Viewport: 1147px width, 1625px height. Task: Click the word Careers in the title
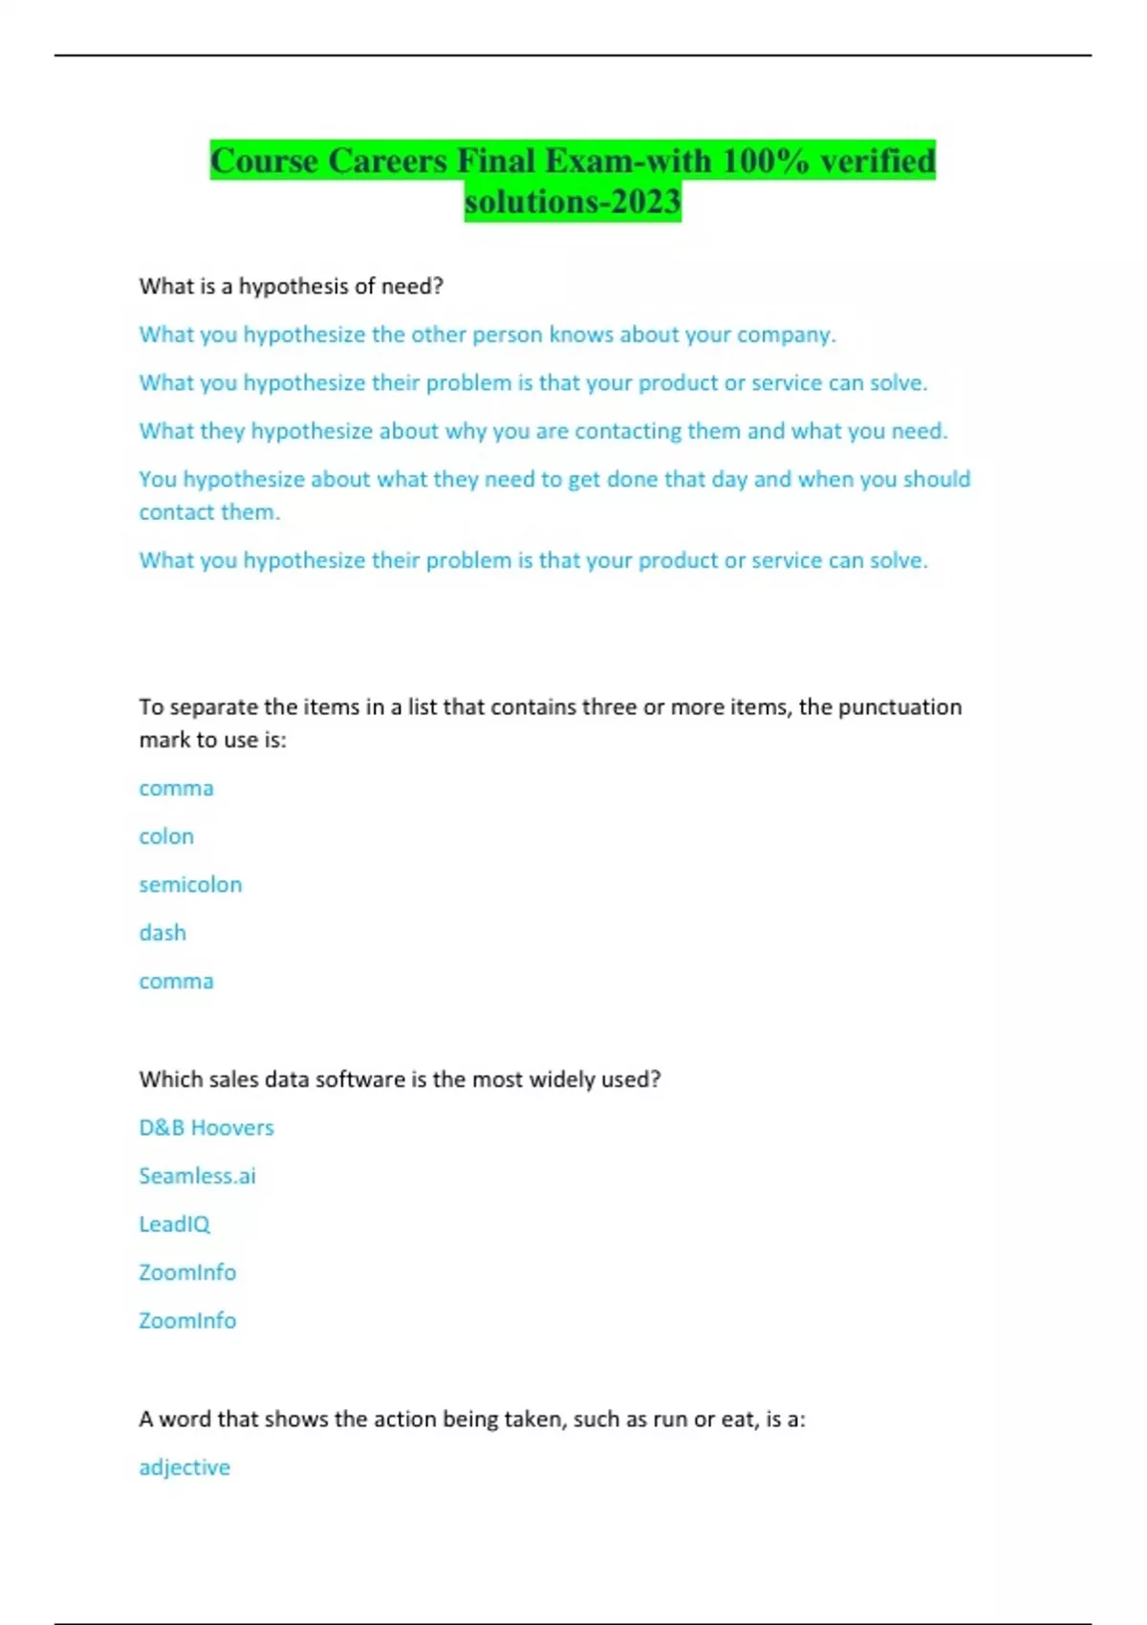[x=387, y=161]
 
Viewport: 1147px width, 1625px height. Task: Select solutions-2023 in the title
[x=573, y=202]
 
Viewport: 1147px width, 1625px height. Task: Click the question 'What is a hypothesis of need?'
[x=291, y=286]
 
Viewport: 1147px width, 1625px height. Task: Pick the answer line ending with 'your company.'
[x=487, y=335]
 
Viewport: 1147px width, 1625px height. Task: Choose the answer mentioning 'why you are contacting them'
[x=543, y=431]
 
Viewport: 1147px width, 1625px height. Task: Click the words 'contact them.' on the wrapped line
[x=209, y=512]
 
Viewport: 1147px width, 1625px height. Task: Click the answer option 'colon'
[x=166, y=836]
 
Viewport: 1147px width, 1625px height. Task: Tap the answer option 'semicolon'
[x=190, y=885]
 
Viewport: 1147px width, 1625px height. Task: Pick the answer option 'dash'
[x=162, y=933]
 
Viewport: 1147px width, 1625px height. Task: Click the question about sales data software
[x=400, y=1079]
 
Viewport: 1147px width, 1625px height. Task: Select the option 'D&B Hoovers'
[x=206, y=1128]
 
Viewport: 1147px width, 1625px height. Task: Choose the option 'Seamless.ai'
[x=197, y=1176]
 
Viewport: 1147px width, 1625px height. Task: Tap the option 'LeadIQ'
[x=174, y=1224]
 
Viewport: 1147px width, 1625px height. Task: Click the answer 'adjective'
[x=184, y=1467]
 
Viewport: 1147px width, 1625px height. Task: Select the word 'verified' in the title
[x=877, y=161]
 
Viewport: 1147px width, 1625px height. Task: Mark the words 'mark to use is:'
[x=212, y=740]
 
